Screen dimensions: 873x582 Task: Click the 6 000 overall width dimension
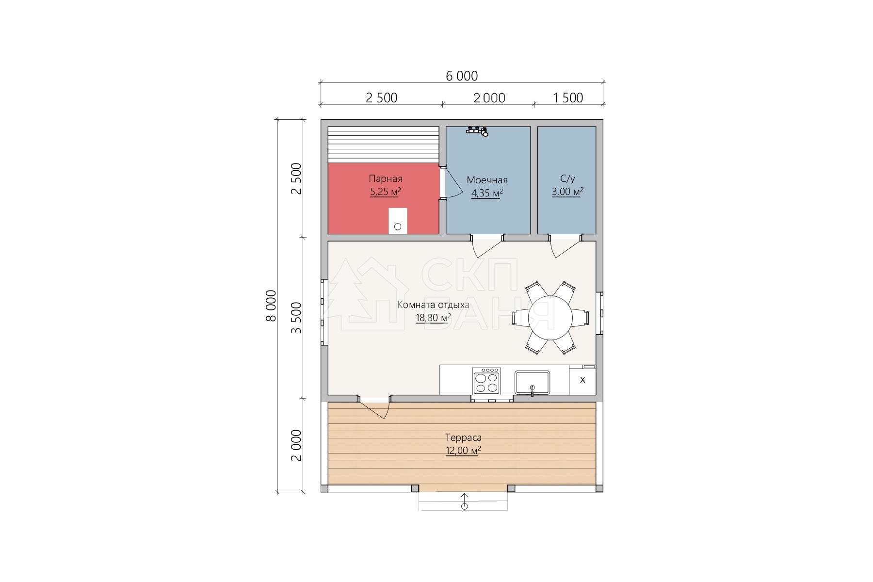462,76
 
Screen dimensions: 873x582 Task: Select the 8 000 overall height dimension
271,306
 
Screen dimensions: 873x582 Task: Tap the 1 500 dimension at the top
568,98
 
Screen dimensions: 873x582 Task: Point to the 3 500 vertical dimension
296,317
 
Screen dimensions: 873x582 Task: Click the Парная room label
386,179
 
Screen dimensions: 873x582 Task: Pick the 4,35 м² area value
487,194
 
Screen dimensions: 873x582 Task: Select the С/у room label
567,179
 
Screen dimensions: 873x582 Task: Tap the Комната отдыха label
434,305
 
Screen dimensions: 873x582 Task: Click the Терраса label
464,438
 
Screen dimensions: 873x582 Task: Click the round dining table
550,318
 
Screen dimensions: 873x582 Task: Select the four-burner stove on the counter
486,381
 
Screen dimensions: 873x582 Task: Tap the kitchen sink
532,383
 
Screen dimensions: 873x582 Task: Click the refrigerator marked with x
582,380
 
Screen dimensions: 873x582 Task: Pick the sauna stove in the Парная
398,221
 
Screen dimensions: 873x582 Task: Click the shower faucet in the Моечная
477,130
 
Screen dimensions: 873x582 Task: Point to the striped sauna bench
384,145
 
